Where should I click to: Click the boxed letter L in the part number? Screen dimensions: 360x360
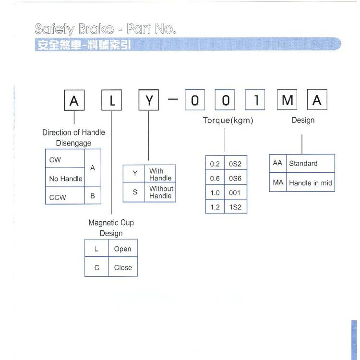111,101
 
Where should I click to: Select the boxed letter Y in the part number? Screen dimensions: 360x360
149,101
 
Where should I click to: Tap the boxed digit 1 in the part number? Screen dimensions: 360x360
256,101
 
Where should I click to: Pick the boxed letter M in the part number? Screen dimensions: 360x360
288,101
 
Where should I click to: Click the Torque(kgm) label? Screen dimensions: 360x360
228,120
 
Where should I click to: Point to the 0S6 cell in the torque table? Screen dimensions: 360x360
235,178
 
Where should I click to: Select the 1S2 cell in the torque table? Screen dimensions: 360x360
235,207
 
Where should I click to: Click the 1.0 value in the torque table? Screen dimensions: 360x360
215,192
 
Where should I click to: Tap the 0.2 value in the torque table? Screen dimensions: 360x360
215,164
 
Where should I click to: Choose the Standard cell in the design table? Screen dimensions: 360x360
310,163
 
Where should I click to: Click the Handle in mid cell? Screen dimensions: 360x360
310,183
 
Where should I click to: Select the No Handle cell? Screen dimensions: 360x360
65,179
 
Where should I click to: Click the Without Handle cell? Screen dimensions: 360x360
160,192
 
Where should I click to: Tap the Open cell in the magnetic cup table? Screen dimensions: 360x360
123,249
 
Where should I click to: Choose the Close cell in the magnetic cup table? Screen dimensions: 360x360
123,267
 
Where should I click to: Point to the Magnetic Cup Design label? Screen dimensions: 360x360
111,228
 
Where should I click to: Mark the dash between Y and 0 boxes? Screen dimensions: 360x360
173,99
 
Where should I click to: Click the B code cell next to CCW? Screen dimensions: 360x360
93,196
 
